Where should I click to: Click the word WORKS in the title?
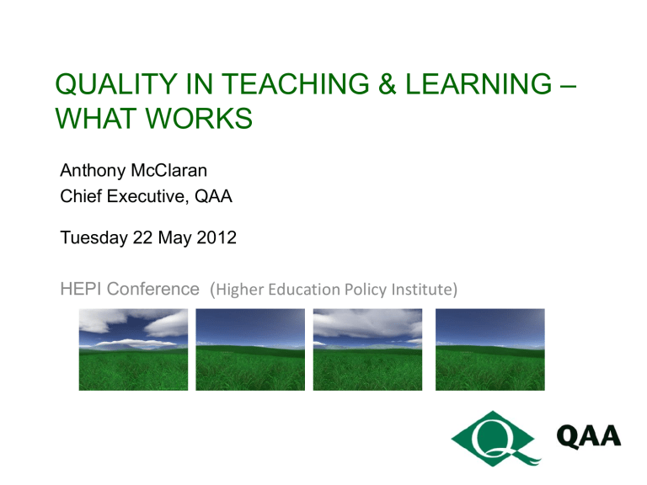[x=200, y=119]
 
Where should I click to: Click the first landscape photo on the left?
[x=132, y=349]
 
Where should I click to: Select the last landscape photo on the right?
[x=489, y=349]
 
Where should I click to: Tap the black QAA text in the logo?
[x=589, y=435]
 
